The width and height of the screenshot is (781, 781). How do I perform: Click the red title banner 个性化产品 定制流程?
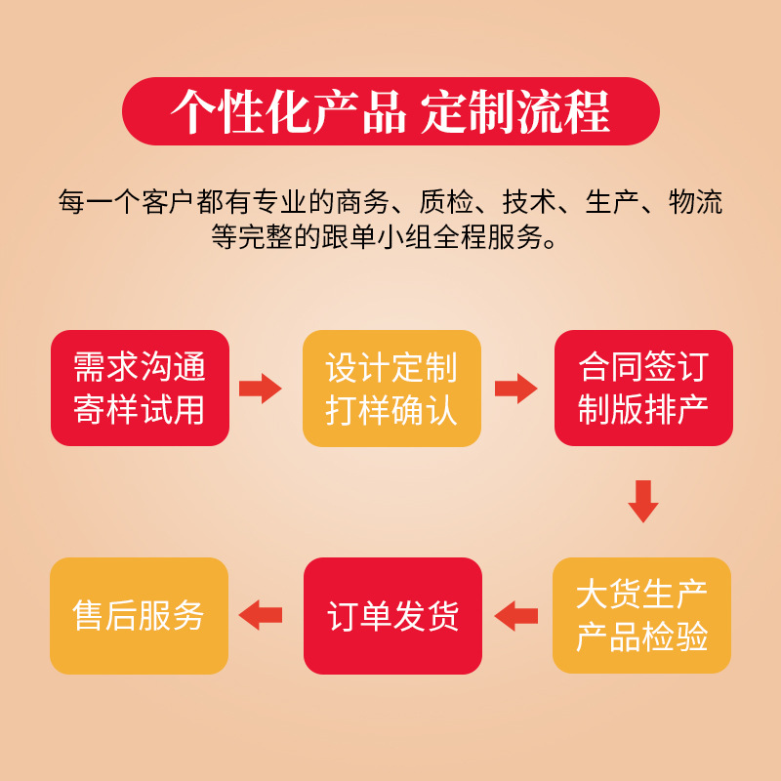(390, 111)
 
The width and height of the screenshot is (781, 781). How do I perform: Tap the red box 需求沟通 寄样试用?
(140, 388)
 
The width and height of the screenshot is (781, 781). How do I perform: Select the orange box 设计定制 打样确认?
(391, 388)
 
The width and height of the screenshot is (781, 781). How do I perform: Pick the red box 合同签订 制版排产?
(642, 388)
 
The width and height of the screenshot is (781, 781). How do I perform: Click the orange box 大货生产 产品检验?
(641, 615)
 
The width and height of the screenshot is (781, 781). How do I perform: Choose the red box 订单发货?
(392, 615)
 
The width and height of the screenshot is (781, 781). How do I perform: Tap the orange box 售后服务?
(139, 615)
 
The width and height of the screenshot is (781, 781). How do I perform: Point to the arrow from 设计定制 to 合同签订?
(515, 388)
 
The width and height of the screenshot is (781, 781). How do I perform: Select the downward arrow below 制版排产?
(642, 500)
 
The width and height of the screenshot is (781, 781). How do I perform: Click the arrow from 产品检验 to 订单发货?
(516, 615)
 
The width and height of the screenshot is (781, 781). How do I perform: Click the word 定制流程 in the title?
(516, 112)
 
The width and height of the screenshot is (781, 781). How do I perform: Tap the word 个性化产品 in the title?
(288, 112)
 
